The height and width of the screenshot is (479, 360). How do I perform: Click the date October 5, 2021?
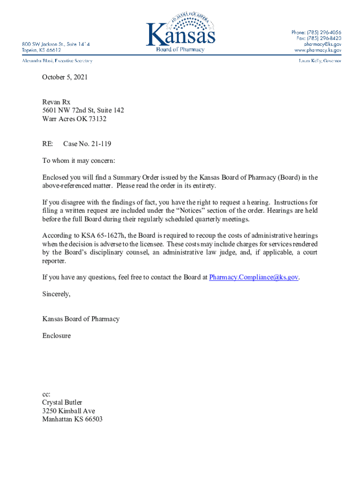pos(65,77)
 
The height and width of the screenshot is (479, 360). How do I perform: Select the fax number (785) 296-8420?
pos(324,38)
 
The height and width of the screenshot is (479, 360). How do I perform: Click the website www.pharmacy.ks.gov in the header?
pos(317,50)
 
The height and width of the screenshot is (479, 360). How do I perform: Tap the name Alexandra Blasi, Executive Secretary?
pos(57,61)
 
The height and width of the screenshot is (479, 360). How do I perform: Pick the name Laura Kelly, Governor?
pos(319,61)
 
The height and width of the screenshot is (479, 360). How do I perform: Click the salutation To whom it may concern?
pos(79,161)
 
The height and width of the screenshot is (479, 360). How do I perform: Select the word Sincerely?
pos(56,294)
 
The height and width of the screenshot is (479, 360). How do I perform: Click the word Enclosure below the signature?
pos(57,336)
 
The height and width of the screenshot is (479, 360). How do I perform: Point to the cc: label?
pos(46,394)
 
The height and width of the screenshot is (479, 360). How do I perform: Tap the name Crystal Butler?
pos(62,403)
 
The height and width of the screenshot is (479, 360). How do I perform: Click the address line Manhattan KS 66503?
pos(72,420)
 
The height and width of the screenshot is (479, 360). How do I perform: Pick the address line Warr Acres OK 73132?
pos(74,119)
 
